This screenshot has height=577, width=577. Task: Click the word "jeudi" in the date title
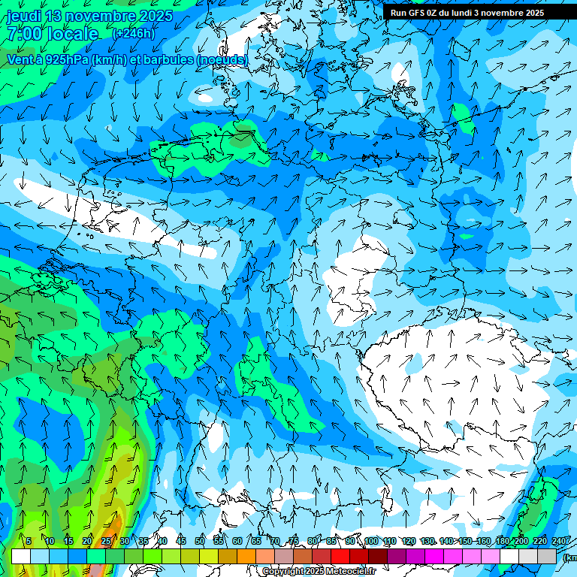23,16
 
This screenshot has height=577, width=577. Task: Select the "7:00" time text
24,34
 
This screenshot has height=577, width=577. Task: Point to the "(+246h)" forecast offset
133,33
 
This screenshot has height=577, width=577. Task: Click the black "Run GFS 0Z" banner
467,12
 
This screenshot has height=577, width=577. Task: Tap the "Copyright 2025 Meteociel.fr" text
319,571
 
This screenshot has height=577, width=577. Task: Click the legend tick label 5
29,542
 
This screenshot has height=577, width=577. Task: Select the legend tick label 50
200,542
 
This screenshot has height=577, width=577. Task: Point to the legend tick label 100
370,542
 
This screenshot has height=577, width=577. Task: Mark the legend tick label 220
539,542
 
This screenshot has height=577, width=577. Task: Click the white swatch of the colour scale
21,556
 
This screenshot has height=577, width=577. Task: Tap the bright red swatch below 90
340,556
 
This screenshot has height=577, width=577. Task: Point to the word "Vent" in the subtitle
20,59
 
